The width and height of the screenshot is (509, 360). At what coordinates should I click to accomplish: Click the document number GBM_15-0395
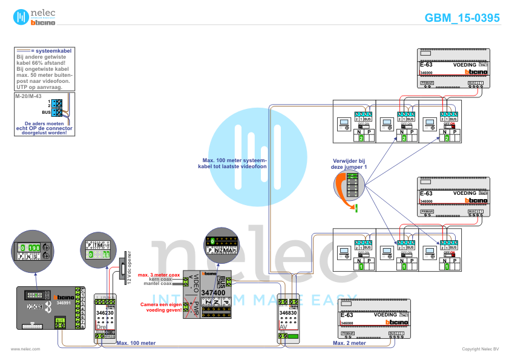(462, 18)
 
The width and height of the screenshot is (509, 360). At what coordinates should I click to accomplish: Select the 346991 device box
(50, 309)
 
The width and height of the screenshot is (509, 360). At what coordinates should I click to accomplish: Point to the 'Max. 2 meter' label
(349, 343)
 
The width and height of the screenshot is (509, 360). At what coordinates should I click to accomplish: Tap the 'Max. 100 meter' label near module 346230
(136, 343)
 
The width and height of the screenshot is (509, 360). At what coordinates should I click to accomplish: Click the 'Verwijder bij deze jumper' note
(349, 163)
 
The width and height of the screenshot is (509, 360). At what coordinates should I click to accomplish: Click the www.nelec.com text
(25, 349)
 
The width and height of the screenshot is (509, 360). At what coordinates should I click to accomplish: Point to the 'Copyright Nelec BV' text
(480, 349)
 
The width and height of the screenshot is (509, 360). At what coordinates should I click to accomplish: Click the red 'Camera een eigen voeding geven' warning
(161, 306)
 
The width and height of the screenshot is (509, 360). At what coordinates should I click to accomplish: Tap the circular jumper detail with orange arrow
(349, 188)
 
